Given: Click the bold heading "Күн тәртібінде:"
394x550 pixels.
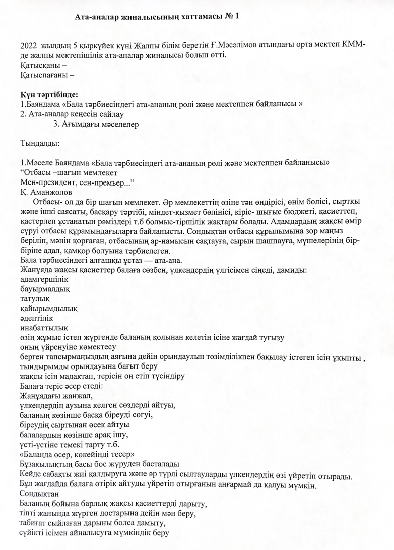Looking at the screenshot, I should click(x=49, y=94).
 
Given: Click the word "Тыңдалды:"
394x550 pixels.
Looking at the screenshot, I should click(x=40, y=143).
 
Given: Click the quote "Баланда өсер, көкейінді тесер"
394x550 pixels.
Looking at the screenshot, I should click(x=76, y=454).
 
